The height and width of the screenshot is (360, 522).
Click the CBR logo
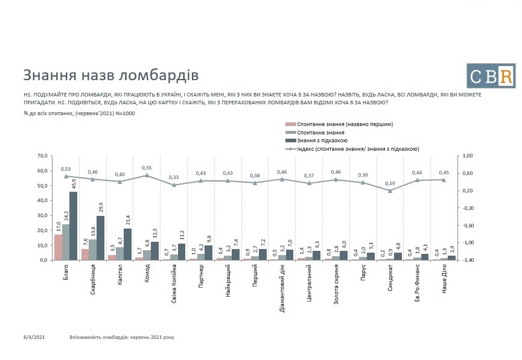coord(491,75)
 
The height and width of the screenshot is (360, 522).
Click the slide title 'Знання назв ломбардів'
coord(110,75)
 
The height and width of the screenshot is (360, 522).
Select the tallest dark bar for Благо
coord(73,226)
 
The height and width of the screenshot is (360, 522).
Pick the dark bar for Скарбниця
coord(100,238)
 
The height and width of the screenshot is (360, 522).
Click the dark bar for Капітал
coord(127,244)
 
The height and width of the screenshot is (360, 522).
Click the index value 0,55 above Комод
coord(145,168)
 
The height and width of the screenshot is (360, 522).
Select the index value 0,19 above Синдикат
coord(390,183)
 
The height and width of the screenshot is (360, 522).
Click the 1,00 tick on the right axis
coord(468,156)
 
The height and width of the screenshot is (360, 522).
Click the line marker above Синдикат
coord(390,191)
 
